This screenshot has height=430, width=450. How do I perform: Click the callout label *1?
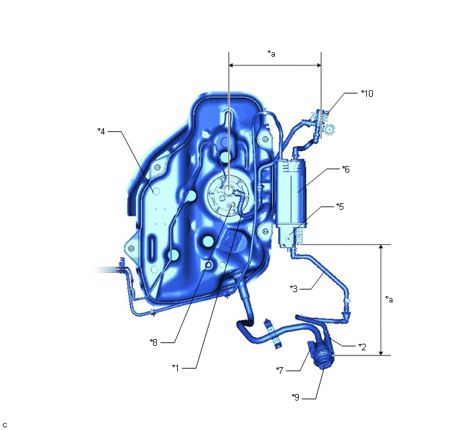175,367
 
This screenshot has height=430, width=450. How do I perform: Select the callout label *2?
362,347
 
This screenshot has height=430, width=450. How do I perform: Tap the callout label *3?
294,289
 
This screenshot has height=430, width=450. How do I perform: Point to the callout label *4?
101,131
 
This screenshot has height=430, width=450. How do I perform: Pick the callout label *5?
340,207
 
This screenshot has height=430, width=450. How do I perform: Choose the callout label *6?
346,169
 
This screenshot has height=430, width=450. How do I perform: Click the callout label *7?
279,371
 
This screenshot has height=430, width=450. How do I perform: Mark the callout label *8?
154,342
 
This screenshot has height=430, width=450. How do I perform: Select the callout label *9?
296,397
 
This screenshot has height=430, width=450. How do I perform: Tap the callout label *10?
367,93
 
